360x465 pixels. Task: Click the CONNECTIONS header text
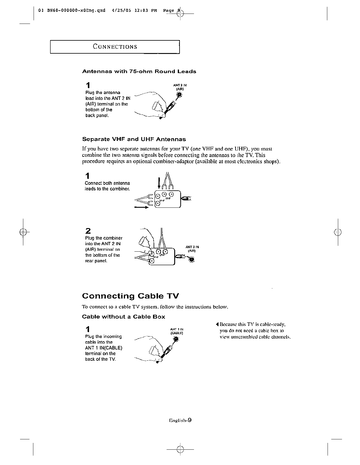115,47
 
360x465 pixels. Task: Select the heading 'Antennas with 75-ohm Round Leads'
139,72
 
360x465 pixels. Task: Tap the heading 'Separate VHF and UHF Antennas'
134,139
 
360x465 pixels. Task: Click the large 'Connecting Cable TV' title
130,296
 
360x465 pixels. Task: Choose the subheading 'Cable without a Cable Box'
123,317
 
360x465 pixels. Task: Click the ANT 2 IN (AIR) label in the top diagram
180,87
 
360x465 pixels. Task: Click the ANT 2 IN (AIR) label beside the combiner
192,249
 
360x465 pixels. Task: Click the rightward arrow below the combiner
141,207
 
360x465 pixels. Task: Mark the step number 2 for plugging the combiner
88,231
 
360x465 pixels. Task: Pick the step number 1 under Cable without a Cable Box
88,329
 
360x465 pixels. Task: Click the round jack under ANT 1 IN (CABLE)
176,339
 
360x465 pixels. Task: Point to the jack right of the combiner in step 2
192,259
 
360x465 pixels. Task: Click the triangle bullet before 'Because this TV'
217,325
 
